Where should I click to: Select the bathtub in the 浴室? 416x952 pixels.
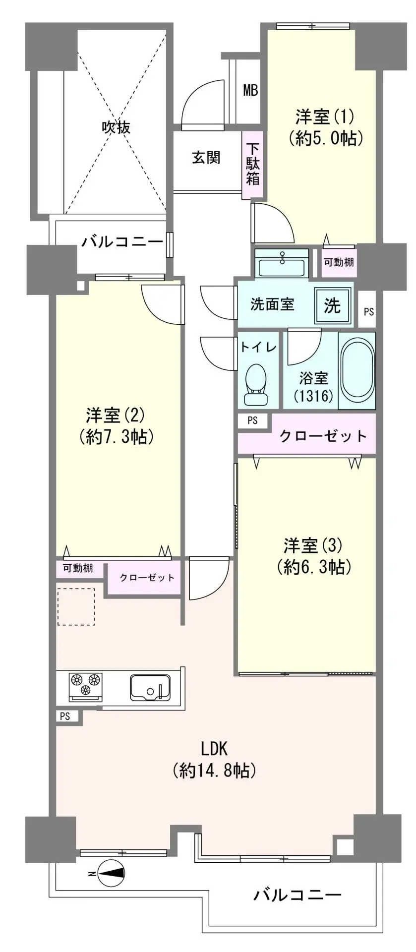[357, 370]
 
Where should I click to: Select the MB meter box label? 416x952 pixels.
[251, 91]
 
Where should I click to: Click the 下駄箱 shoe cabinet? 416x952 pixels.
[253, 164]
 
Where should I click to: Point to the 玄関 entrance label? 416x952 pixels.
[206, 158]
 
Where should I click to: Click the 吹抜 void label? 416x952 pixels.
[116, 127]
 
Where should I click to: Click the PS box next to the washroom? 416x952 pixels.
[368, 311]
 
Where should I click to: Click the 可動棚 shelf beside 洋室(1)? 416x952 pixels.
[339, 261]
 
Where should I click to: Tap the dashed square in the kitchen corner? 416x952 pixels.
[76, 606]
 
